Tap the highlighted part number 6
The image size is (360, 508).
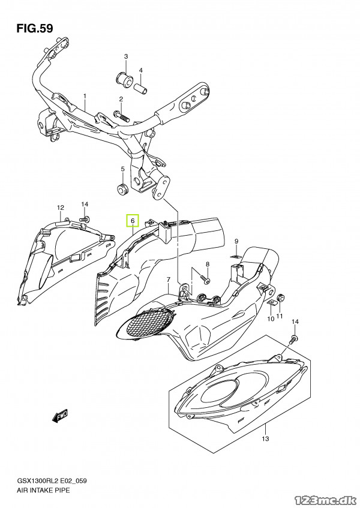[x=132, y=221]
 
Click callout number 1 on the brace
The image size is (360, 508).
[x=85, y=96]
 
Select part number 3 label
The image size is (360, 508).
[x=126, y=57]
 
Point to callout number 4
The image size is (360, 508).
[x=141, y=70]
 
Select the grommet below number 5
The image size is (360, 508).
[x=123, y=191]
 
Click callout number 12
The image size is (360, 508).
[x=60, y=208]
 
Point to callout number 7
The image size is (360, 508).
[x=169, y=280]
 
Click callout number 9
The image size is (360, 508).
[x=236, y=241]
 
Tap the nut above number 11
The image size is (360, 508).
[x=280, y=297]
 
